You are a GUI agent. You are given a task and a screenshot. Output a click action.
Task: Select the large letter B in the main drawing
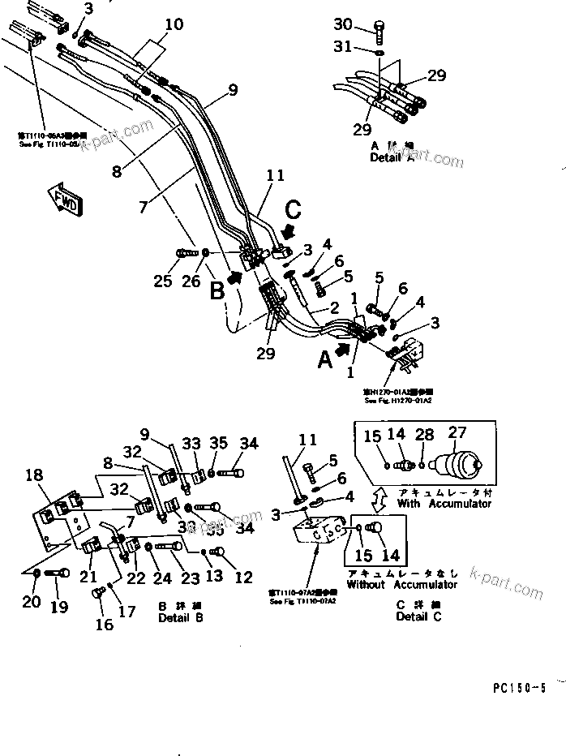[x=217, y=289]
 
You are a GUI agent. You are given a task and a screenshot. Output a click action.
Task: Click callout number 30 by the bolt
[x=344, y=24]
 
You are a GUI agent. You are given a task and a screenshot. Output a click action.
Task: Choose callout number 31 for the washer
[x=344, y=48]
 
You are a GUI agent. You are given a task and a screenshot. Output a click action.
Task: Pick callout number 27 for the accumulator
[x=457, y=435]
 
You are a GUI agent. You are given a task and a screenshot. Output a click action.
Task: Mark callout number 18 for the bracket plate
[x=36, y=475]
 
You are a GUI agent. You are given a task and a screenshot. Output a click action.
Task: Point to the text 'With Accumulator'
[x=444, y=503]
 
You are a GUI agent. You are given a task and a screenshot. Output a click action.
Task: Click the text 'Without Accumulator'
[x=401, y=584]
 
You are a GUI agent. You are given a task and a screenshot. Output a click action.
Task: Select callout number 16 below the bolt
[x=105, y=625]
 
